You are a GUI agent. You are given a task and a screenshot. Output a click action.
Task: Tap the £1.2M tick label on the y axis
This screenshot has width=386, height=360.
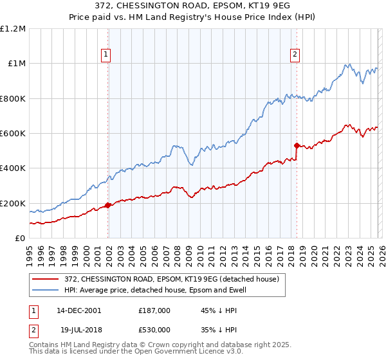coord(13,29)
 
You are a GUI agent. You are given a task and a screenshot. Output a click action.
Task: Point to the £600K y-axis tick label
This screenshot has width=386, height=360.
coord(13,134)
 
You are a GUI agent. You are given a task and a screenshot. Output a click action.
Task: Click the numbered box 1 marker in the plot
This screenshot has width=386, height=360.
coord(106,55)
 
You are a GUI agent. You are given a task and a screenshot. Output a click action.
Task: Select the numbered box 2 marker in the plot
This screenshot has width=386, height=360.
coord(295,55)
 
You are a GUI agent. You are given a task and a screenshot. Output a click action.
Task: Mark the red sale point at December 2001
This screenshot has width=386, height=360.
coord(108,206)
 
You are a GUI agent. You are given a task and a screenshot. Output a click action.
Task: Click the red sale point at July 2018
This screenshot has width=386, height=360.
coord(297,145)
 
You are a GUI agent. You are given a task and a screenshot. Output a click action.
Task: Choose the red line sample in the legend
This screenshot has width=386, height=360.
coord(46,279)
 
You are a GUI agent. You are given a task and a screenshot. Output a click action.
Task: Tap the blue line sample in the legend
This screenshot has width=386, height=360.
coord(46,290)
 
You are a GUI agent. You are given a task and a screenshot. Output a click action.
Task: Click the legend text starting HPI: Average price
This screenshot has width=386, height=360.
coord(155,290)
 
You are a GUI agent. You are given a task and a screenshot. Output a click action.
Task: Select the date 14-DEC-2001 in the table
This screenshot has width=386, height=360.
coord(78,310)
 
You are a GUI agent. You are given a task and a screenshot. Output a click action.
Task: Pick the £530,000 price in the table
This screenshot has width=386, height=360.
coord(154,328)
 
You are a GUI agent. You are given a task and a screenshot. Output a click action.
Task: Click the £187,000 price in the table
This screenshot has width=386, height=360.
coord(154,310)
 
